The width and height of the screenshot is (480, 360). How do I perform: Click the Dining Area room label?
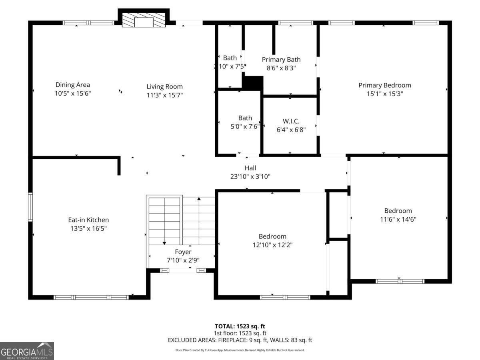(72, 85)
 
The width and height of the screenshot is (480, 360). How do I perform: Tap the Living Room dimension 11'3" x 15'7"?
(164, 95)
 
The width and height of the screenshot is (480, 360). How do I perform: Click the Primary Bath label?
(281, 60)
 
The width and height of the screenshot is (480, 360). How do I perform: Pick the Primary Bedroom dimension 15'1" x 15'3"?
(384, 94)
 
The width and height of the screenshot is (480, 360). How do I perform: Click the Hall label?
(250, 168)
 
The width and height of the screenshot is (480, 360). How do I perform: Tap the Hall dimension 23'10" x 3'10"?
(250, 176)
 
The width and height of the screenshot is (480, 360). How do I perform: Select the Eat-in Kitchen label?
(88, 220)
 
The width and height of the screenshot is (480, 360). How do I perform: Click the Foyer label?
(183, 252)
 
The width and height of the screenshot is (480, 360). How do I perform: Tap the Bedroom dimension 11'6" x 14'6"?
(398, 219)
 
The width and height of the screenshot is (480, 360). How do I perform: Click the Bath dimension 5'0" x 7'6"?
(245, 126)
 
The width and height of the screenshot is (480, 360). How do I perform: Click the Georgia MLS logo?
(27, 351)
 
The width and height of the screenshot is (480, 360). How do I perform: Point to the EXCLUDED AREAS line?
(240, 340)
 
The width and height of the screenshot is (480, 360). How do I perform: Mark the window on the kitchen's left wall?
(30, 207)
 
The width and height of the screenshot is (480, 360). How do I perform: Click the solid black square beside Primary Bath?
(252, 83)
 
